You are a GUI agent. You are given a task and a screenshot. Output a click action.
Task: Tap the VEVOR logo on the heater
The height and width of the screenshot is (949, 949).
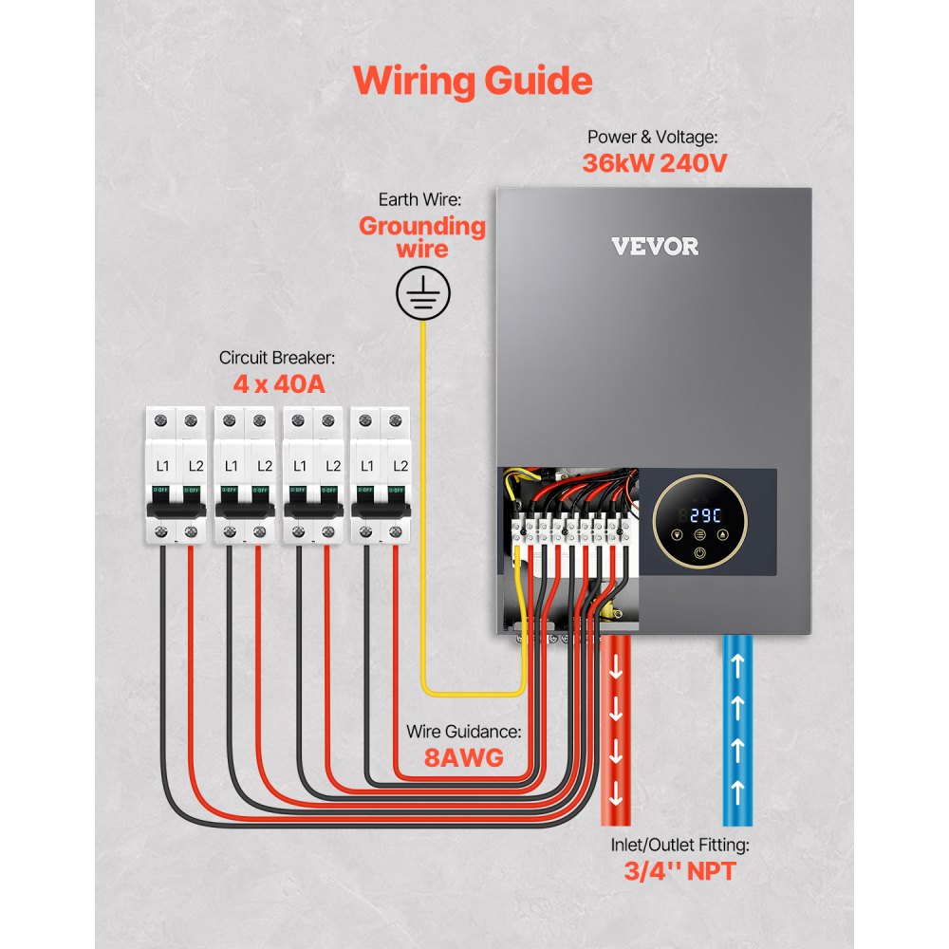655,247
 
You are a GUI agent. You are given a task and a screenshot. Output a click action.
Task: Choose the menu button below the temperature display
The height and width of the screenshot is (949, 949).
699,534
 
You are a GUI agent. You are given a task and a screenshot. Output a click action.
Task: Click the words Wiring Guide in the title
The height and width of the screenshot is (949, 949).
473,81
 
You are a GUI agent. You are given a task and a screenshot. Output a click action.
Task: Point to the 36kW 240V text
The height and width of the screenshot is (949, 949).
655,163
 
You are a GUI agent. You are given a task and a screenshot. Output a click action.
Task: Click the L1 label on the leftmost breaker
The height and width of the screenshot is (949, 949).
162,466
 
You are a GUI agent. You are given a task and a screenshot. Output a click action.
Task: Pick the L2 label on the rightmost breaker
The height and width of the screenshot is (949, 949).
400,466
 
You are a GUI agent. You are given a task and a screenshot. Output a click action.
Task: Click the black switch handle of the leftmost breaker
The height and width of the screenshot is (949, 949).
177,510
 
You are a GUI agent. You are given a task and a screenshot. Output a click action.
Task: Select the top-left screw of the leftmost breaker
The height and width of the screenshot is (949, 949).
162,419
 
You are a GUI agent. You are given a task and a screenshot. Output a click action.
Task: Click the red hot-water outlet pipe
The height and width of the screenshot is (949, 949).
617,731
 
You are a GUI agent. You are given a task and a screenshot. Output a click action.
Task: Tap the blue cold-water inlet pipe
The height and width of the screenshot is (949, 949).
738,731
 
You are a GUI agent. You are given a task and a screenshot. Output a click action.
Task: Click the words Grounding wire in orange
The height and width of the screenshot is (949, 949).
422,237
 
